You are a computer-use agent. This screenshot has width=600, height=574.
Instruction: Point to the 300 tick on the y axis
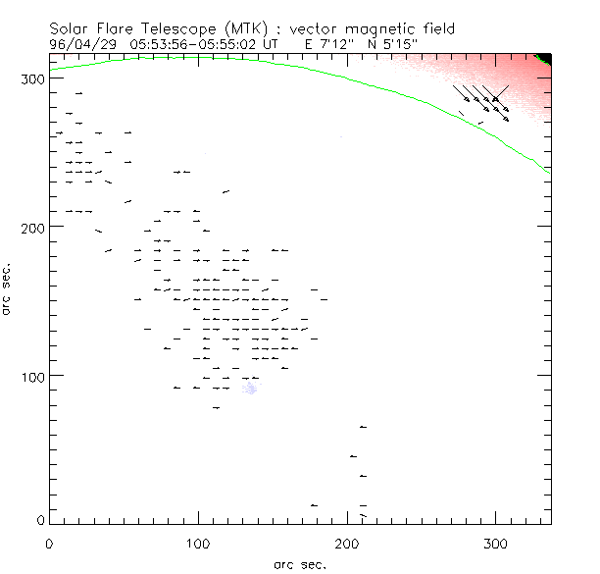(31, 78)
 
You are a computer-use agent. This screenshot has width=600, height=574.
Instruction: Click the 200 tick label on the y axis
(31, 227)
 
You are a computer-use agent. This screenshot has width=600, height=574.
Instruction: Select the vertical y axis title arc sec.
(8, 290)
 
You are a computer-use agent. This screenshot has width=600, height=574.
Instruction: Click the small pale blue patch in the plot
(250, 390)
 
